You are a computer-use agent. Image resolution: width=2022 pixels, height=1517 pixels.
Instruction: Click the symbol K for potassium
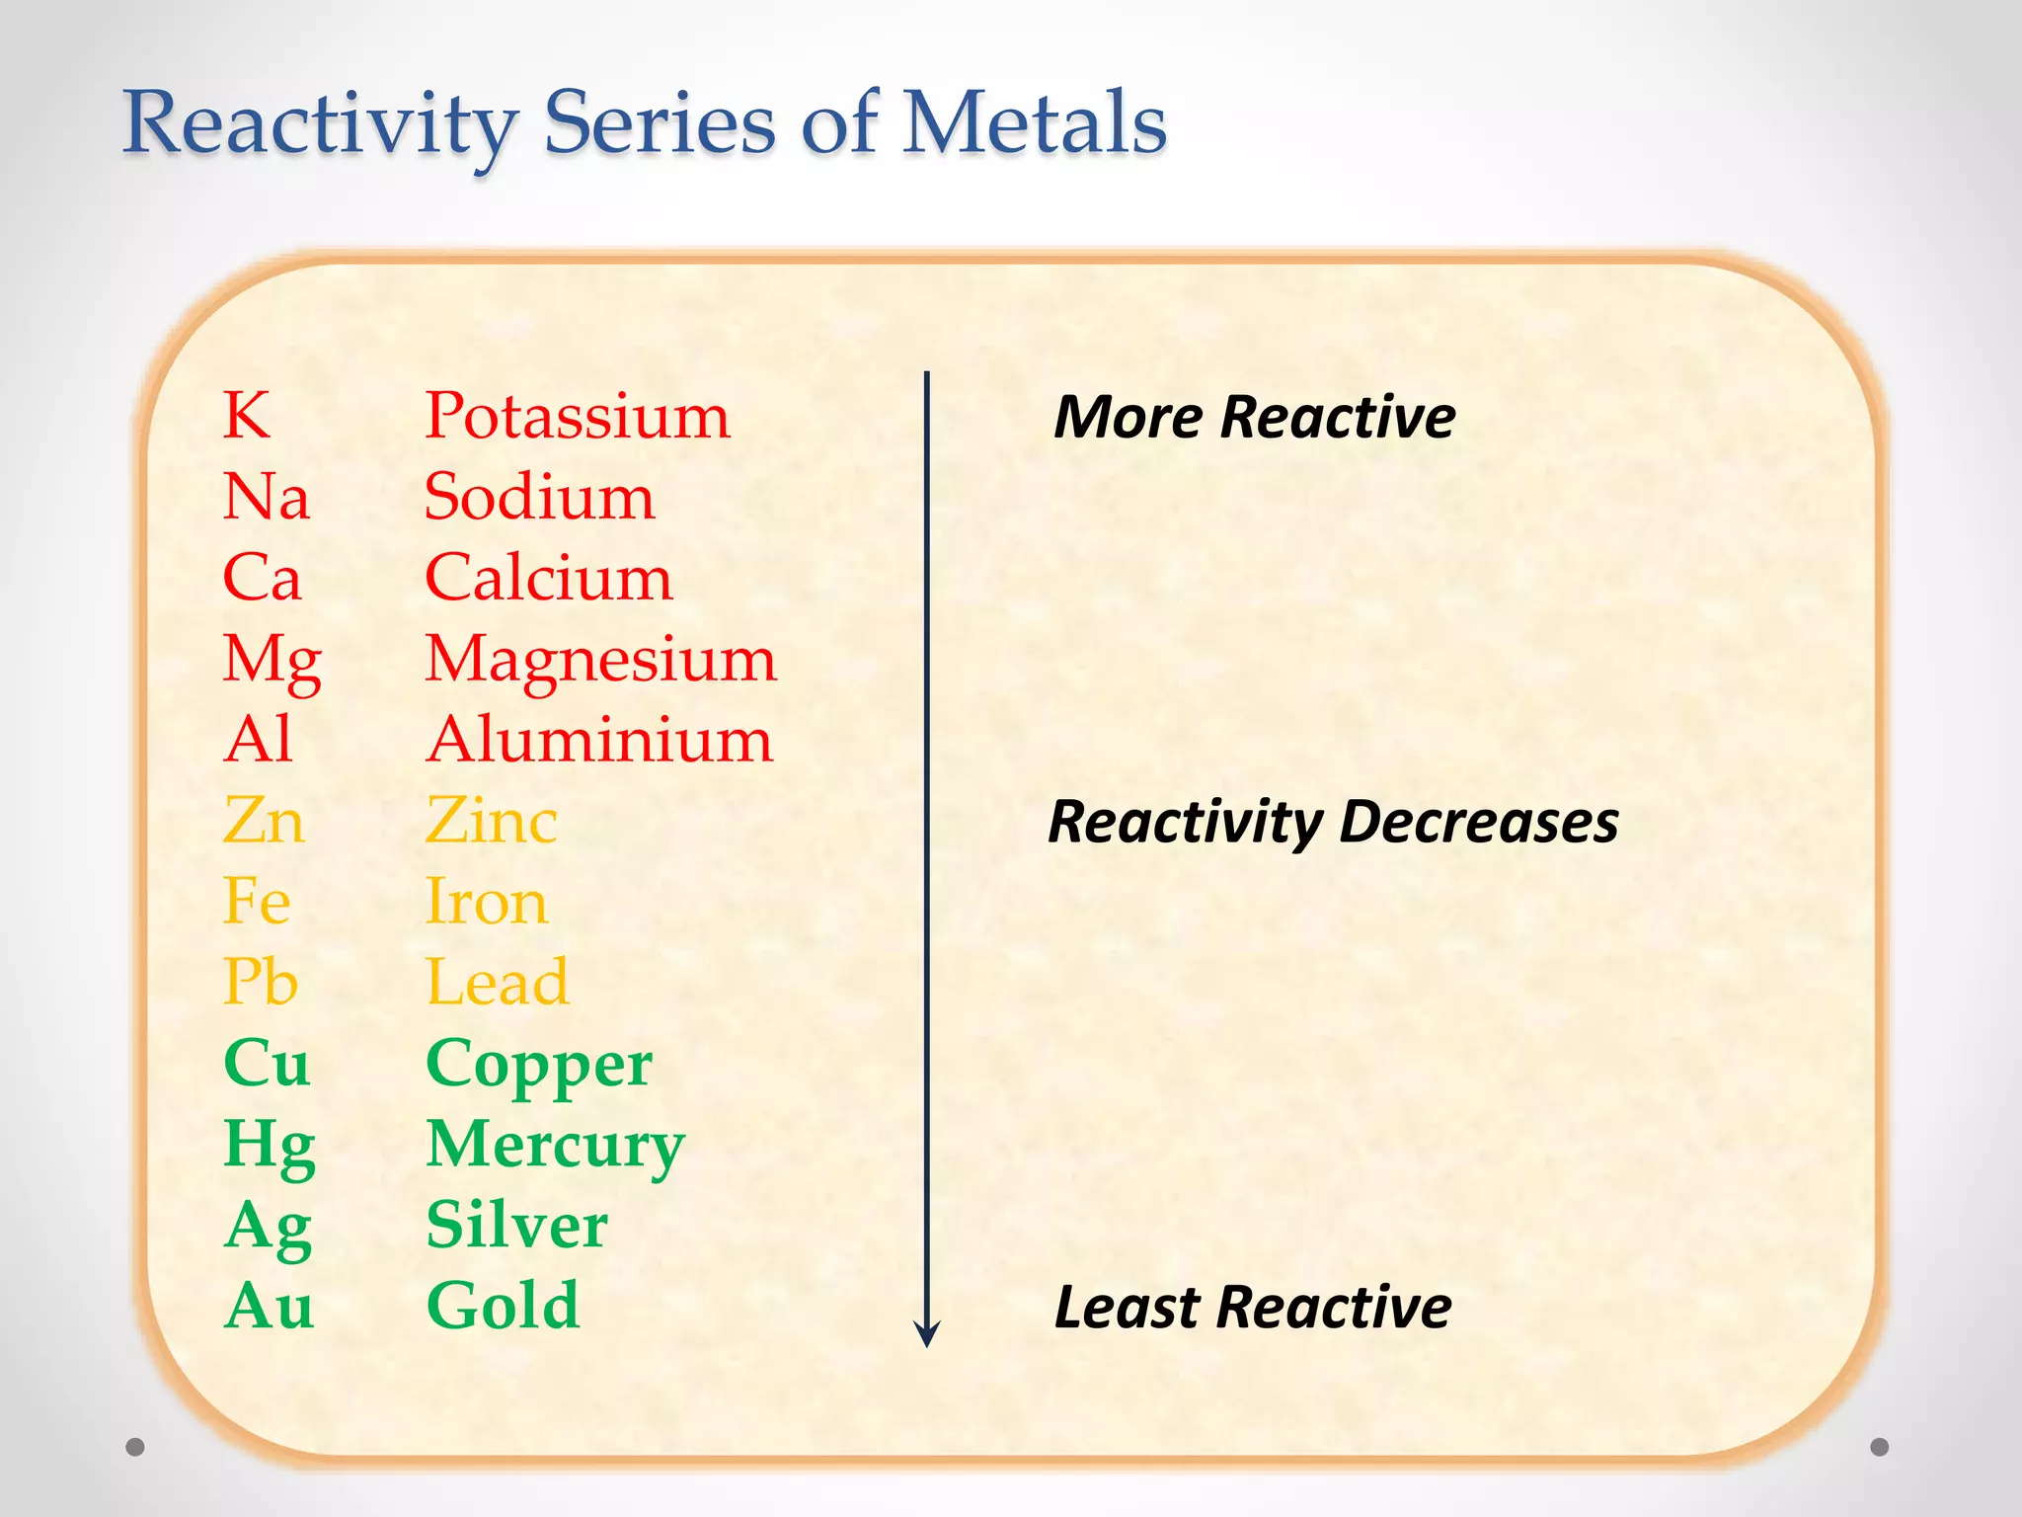[246, 416]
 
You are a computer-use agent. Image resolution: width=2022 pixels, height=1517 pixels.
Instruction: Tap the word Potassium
[577, 416]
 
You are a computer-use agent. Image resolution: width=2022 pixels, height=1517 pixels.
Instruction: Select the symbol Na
[266, 497]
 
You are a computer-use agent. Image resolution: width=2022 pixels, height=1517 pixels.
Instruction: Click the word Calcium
[548, 578]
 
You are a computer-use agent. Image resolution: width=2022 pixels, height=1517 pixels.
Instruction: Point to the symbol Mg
[272, 660]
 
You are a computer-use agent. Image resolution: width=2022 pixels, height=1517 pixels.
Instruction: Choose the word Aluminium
[599, 740]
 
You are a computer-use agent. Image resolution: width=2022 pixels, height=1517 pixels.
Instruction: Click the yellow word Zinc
[491, 821]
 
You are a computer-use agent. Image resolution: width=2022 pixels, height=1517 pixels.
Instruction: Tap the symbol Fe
[257, 902]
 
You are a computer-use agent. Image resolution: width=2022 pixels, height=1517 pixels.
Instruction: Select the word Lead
[497, 983]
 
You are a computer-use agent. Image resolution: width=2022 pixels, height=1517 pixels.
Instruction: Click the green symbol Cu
[267, 1064]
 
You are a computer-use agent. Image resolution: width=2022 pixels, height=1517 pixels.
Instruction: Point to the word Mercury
[555, 1146]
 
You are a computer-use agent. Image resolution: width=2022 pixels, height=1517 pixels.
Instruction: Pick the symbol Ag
[269, 1227]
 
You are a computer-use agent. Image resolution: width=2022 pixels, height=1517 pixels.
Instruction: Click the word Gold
[503, 1307]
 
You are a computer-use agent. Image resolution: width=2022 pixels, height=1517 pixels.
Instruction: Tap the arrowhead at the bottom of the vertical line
[926, 1334]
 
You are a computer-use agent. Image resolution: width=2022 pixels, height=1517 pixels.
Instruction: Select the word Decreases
[1478, 822]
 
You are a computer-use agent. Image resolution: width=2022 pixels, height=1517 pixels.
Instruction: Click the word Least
[1126, 1308]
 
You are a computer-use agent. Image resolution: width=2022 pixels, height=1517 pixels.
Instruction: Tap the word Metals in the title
[1034, 123]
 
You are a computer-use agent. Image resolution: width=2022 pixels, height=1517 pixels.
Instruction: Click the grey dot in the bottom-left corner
[135, 1447]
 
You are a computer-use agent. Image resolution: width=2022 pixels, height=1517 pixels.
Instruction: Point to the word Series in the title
[660, 123]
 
